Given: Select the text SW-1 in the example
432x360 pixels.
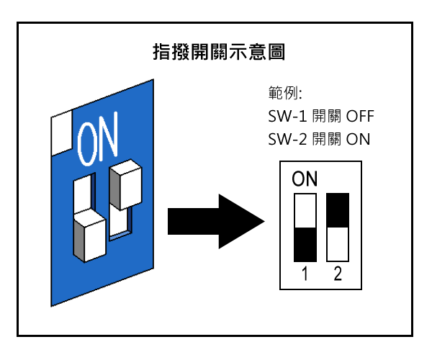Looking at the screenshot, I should click(283, 116).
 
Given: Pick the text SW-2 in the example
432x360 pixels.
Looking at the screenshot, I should click(283, 139).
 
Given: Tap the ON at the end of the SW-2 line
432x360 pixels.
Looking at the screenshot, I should click(358, 139).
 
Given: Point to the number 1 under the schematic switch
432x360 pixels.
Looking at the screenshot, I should click(305, 274).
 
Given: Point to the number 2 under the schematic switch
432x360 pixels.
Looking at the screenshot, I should click(338, 274).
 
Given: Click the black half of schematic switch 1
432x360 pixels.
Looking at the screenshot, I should click(305, 244).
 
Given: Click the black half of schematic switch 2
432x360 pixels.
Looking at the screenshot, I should click(338, 210).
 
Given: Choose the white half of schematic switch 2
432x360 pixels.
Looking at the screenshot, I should click(338, 243).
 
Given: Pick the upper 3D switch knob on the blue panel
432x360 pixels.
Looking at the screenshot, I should click(126, 183).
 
